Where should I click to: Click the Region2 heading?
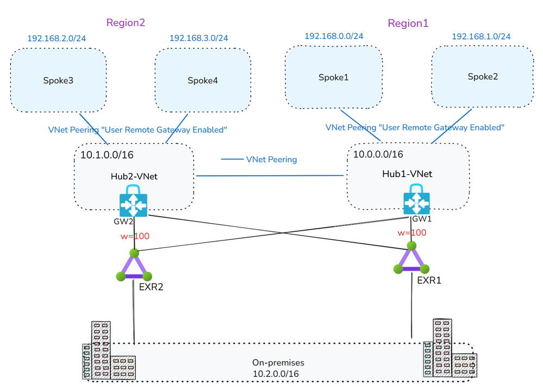coord(126,23)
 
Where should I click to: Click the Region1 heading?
coord(408,23)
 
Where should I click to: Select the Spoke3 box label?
coord(58,81)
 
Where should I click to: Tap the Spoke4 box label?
coord(203,81)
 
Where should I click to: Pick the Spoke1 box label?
coord(333,77)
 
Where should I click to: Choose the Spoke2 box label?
coord(483,77)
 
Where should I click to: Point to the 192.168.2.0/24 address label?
coord(57,38)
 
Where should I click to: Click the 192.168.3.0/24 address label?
coord(198,38)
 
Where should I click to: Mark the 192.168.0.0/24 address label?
coord(334,36)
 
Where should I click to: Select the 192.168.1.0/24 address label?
coord(481,36)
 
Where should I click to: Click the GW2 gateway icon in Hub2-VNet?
coord(133,201)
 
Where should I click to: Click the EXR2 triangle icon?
coord(134,266)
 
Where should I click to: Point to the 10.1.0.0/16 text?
coord(107,155)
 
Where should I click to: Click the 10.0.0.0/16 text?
coord(378,155)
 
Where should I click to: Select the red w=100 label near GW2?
coord(135,236)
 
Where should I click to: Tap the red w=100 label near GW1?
coord(412,233)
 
